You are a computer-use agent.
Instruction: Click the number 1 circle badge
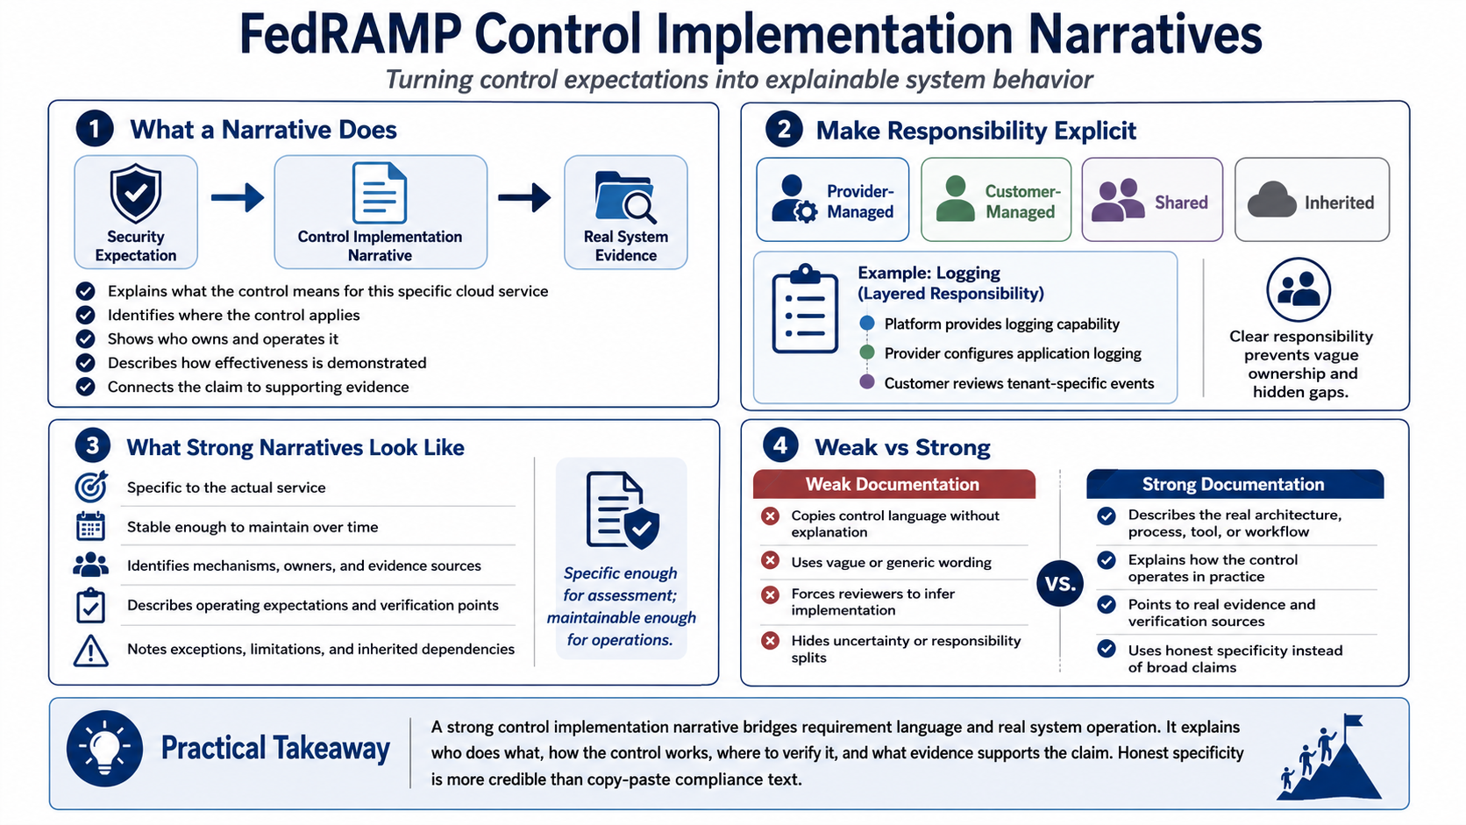(95, 128)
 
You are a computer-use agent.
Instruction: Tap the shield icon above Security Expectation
(136, 194)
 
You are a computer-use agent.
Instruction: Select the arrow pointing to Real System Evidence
(524, 197)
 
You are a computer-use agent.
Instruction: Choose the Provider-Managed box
(832, 200)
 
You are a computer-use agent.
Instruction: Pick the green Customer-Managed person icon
(955, 199)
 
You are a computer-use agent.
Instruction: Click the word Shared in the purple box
(1181, 203)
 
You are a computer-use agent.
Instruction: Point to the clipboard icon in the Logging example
(805, 309)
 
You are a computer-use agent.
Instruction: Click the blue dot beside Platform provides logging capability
(867, 323)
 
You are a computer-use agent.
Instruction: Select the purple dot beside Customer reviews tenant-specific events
(867, 382)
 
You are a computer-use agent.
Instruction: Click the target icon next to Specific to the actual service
(91, 486)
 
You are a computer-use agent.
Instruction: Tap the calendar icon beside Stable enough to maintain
(90, 526)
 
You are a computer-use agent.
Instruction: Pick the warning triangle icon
(91, 651)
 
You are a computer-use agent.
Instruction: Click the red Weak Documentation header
(894, 484)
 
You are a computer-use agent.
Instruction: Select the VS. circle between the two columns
(1059, 583)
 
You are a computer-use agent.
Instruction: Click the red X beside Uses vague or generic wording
(771, 561)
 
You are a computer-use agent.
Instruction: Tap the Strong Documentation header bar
(1235, 484)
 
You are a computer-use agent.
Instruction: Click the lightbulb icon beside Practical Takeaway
(104, 749)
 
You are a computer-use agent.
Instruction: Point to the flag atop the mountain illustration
(1352, 721)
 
